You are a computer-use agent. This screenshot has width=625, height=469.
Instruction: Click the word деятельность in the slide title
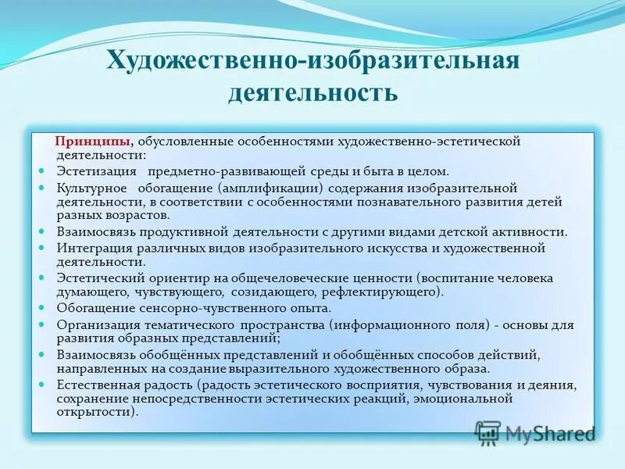(x=312, y=92)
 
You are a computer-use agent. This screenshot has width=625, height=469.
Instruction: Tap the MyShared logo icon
(x=487, y=432)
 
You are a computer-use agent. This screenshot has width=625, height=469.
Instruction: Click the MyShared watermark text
(x=550, y=433)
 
